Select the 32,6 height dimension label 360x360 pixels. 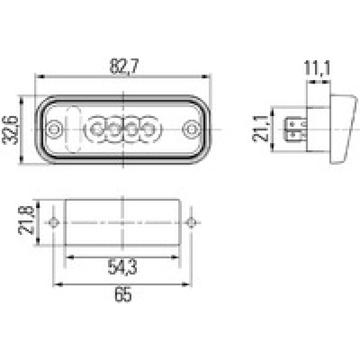(x=12, y=130)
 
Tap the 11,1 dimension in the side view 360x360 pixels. (x=318, y=69)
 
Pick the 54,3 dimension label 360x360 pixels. (x=122, y=267)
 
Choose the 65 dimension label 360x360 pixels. (x=122, y=295)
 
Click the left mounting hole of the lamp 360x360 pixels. (x=55, y=129)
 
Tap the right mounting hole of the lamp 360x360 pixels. (x=191, y=129)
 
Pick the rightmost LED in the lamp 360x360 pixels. (x=148, y=129)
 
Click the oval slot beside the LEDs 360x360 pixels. (x=72, y=129)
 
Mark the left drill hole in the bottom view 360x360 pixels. (x=54, y=223)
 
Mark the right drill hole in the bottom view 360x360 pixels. (x=191, y=223)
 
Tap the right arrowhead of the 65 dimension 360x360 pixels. (x=186, y=284)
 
